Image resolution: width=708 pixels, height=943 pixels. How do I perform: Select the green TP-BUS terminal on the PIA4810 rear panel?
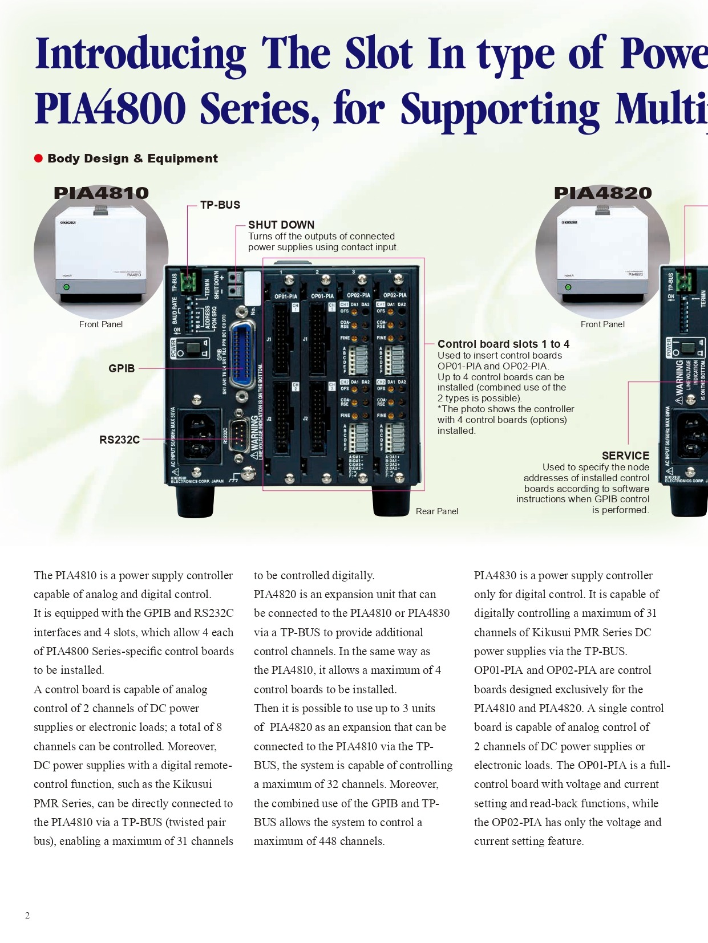188,282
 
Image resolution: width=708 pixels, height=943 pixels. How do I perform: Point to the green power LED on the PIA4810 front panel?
66,287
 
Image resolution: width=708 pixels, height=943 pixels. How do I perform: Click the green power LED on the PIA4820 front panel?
568,287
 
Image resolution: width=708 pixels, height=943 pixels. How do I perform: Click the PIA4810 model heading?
101,193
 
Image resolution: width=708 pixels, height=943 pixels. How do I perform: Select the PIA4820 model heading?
602,193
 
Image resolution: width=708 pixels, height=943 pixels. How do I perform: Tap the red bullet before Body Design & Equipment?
39,158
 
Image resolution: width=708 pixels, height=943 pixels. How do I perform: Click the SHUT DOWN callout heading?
281,225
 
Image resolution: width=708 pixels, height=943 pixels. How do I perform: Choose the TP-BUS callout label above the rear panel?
220,205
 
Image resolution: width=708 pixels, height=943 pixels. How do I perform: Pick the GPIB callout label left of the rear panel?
122,368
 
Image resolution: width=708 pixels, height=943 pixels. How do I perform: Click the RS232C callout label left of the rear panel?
119,440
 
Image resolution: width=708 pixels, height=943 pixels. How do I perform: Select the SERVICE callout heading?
625,456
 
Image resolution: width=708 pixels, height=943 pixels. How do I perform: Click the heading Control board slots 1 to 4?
503,344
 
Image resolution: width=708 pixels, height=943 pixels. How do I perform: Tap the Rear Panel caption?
436,511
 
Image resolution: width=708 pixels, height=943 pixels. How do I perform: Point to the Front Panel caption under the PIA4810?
101,324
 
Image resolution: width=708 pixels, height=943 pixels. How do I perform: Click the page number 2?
27,916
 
